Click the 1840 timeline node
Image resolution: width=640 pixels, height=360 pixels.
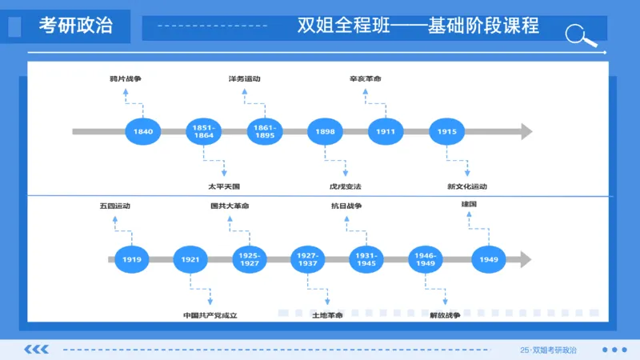(x=143, y=131)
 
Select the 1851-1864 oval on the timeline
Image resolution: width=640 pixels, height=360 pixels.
(x=203, y=131)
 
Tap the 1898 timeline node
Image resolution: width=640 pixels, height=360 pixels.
(x=325, y=131)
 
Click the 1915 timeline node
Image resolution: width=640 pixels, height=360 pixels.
(x=447, y=131)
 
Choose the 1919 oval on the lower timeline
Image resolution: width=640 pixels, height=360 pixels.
(x=132, y=259)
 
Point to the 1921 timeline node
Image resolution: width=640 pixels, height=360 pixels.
(x=190, y=259)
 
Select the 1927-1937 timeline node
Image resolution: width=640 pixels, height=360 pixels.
(x=308, y=259)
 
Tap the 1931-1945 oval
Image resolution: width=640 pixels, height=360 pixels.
(x=367, y=259)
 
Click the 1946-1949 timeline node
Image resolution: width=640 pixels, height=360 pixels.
(x=426, y=259)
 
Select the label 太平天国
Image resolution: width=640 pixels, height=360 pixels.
(x=224, y=186)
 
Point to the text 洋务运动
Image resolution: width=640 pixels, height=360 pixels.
(x=245, y=79)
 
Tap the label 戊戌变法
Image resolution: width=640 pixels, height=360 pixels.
(x=346, y=186)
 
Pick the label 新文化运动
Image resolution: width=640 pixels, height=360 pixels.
(x=467, y=186)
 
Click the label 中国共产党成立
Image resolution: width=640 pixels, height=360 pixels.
(x=210, y=315)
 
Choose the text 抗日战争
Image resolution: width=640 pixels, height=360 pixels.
(x=347, y=206)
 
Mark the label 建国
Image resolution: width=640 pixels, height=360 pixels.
(x=469, y=206)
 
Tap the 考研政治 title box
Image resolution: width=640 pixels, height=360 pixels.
(x=76, y=26)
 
